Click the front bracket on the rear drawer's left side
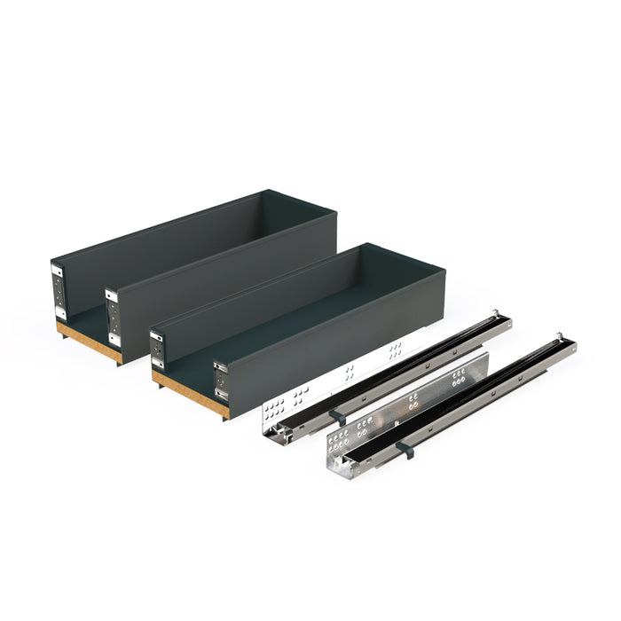tap(58, 291)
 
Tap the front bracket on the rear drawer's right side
tap(114, 314)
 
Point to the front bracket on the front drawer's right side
tap(220, 382)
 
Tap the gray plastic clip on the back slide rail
tap(334, 415)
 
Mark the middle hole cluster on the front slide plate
tap(413, 404)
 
